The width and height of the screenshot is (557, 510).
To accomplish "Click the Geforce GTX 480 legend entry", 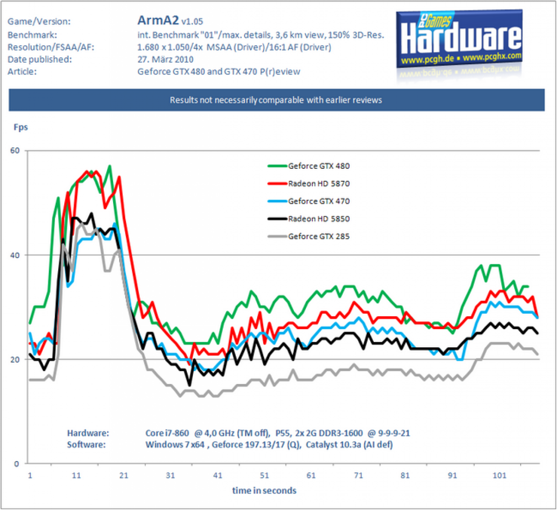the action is (x=308, y=166).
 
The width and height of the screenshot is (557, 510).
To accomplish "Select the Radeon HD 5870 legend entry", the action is (x=308, y=184).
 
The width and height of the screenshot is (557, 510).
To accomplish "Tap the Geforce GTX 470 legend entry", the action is (x=308, y=201).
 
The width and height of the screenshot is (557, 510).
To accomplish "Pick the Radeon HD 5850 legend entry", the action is (x=308, y=219).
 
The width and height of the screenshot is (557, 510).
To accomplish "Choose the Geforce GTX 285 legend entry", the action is (x=308, y=236).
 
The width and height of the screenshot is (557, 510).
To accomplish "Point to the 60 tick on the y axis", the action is (x=15, y=150).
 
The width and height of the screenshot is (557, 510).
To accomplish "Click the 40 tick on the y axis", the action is (x=15, y=255).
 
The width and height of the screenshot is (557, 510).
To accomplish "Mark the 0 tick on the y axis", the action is (x=16, y=464).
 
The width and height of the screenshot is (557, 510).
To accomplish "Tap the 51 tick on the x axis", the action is (x=264, y=475).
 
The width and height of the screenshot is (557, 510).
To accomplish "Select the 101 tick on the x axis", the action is (x=499, y=475).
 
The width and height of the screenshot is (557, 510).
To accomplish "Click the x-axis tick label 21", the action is (x=124, y=475).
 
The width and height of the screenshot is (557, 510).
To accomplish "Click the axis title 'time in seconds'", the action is (x=264, y=491).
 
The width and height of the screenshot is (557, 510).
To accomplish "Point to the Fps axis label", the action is (x=20, y=127).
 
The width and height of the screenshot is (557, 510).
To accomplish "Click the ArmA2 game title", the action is (x=158, y=20).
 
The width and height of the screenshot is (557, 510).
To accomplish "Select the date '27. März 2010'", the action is (x=165, y=59).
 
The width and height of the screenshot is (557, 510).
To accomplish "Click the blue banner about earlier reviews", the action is (x=277, y=100).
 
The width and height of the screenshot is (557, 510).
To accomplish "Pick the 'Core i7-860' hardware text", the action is (x=167, y=433).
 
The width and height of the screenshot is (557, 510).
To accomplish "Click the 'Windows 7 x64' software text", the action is (x=175, y=445).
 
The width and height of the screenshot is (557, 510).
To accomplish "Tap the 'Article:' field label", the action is (x=22, y=71).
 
